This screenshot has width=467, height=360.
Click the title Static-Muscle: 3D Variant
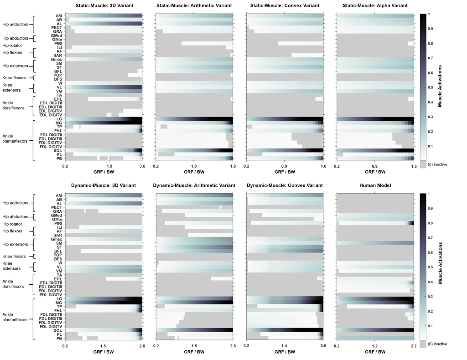[x=104, y=5]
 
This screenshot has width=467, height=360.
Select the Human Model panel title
[x=375, y=185]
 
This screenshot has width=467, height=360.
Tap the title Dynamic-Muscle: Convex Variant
[x=284, y=185]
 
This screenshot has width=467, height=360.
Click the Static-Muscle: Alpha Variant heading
[x=375, y=5]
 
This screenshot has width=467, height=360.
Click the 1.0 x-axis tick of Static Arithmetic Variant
[x=194, y=166]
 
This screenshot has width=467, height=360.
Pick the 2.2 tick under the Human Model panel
[x=413, y=346]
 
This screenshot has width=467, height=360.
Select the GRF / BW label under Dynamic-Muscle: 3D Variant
[x=104, y=352]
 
